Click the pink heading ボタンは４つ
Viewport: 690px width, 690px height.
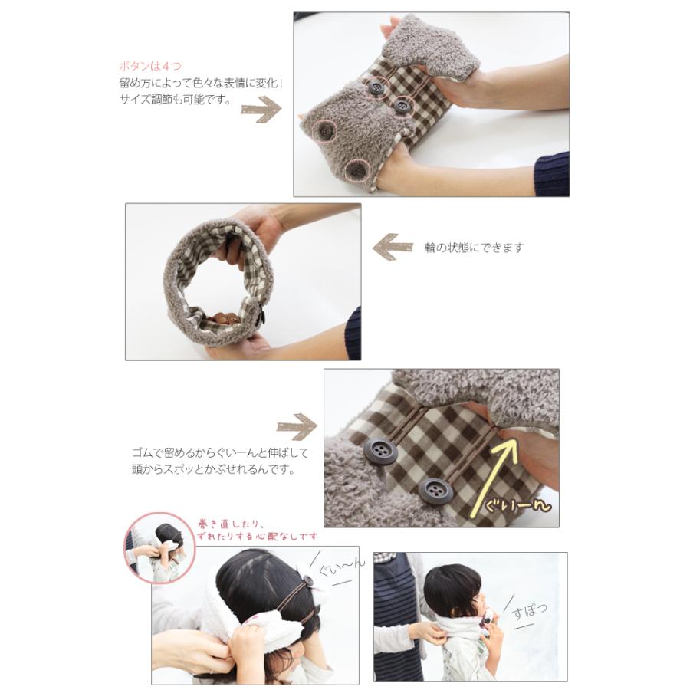[150, 67]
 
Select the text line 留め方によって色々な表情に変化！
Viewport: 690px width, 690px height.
[201, 83]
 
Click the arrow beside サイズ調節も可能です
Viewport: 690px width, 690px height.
[261, 110]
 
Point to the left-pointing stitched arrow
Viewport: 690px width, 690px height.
[393, 248]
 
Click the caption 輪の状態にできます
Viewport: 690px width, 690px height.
[474, 248]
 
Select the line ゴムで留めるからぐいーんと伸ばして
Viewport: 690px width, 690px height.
[221, 453]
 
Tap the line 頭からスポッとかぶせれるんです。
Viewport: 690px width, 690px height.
[213, 470]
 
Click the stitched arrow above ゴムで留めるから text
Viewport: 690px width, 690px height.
[297, 426]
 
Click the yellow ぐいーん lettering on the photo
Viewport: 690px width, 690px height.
[517, 506]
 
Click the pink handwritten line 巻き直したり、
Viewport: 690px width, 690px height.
[231, 525]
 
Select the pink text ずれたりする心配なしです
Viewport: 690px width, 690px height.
[258, 537]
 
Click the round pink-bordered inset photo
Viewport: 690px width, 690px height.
[159, 547]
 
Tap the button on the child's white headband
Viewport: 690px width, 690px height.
[309, 580]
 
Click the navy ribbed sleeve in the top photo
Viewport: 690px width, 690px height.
[552, 174]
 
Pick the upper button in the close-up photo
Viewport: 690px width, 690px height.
[380, 452]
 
